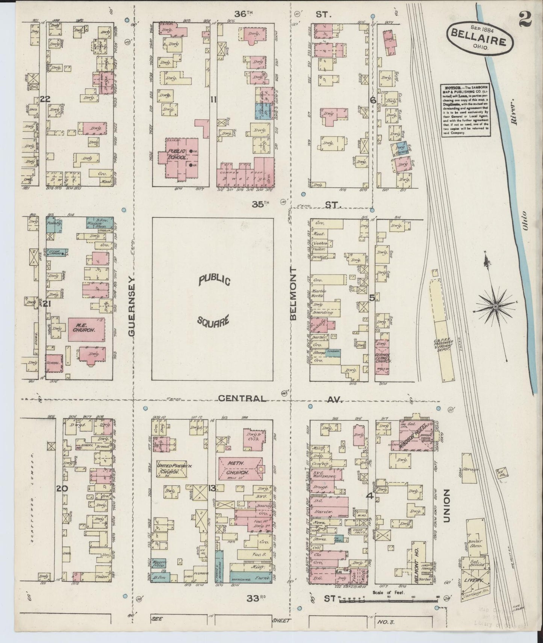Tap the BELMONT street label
click(x=293, y=294)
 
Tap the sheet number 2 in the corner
click(x=525, y=19)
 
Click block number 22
click(x=45, y=99)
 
